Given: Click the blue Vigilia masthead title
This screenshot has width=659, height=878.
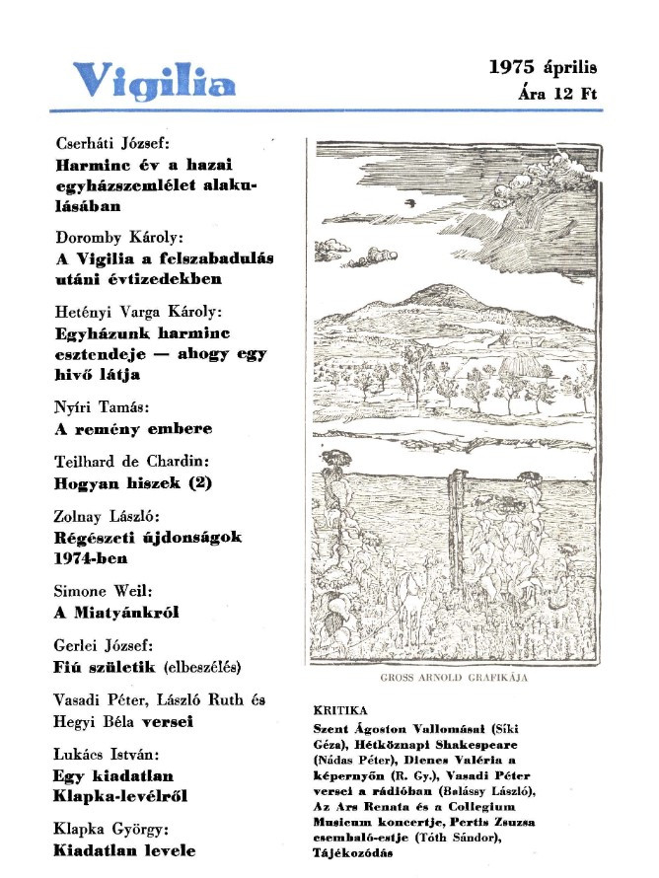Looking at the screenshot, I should click(x=155, y=80).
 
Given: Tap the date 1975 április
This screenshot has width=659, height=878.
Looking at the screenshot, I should click(x=543, y=68).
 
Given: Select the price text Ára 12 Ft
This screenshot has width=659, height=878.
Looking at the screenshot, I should click(x=557, y=96).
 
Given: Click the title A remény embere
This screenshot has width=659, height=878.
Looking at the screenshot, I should click(x=132, y=429).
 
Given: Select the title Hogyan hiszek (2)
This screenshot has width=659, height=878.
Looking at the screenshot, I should click(x=132, y=483).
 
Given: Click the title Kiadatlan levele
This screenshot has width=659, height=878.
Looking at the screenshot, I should click(x=124, y=850).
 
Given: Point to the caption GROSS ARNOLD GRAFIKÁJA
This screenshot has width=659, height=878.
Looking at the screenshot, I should click(x=454, y=679).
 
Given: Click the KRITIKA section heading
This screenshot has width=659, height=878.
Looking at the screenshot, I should click(x=339, y=709).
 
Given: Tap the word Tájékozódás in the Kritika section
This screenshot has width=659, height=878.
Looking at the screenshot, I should click(x=352, y=852).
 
